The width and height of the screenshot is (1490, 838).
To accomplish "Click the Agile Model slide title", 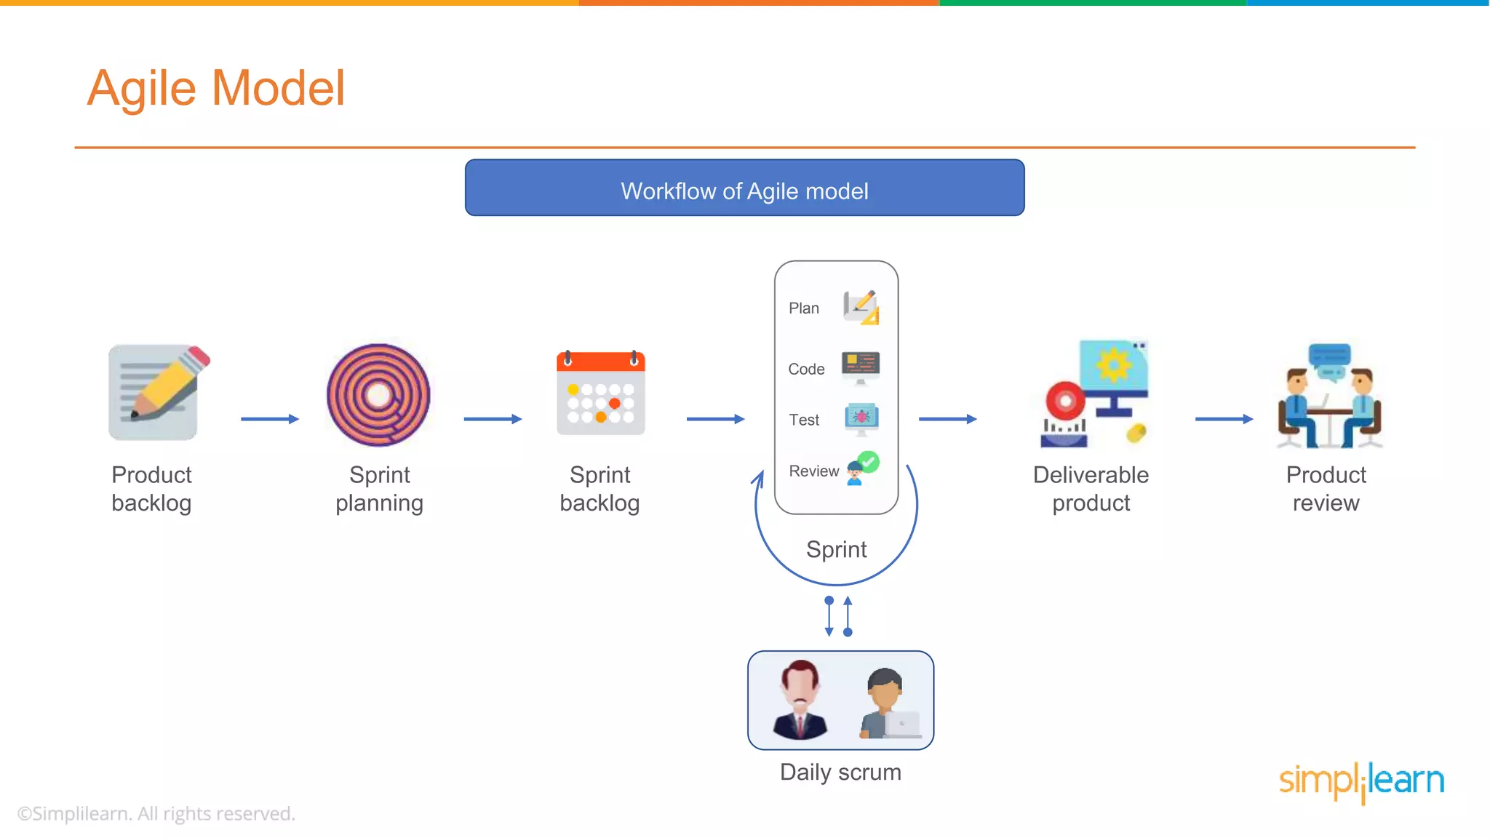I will click(x=216, y=89).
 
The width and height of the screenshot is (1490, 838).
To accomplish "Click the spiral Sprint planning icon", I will click(x=378, y=395).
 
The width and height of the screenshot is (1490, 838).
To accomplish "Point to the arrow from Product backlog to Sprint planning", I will click(x=270, y=419).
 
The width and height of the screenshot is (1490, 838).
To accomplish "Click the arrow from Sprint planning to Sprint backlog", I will click(x=493, y=419).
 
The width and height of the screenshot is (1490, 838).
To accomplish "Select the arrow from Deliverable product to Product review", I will click(x=1224, y=419).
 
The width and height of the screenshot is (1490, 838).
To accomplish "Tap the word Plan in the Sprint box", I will click(x=804, y=308).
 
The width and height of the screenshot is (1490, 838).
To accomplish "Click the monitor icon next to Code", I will click(x=861, y=367).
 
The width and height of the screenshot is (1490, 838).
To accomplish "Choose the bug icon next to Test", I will click(x=861, y=418).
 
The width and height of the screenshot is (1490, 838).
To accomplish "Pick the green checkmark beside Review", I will click(x=869, y=462).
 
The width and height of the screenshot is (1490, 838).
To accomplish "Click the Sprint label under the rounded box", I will click(x=837, y=549).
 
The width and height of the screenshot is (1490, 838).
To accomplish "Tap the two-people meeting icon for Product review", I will click(x=1329, y=396).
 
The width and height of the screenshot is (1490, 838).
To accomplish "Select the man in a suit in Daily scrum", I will click(x=800, y=701).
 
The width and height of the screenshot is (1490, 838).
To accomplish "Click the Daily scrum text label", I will click(x=840, y=772).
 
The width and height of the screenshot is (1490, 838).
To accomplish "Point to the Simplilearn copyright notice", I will click(x=156, y=813).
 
